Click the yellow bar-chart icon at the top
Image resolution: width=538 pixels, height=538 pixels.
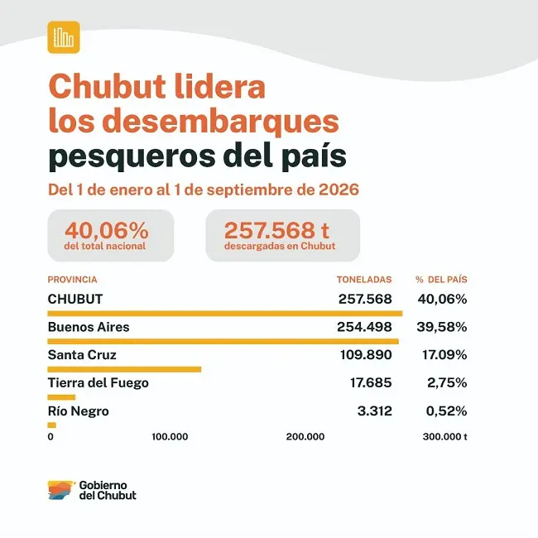point(64,37)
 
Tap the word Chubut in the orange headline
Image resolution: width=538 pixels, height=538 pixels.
point(108,86)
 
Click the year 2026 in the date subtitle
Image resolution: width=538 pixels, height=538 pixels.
point(339,190)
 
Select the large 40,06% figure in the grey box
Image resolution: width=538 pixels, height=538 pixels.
point(107,230)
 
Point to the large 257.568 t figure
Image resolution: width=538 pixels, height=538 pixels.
point(277,230)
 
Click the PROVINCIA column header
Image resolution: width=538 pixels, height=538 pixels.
point(72,280)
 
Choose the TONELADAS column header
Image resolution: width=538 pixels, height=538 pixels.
point(364,280)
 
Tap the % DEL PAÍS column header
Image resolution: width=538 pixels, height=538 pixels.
point(441,280)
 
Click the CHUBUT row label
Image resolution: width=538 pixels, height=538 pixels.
point(75,299)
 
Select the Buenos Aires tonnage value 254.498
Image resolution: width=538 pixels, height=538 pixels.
point(364,327)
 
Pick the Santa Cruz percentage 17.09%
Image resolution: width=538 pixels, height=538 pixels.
point(444,355)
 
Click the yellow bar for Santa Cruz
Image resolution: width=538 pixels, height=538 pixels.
point(124,369)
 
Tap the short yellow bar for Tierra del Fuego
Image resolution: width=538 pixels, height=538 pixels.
point(61,397)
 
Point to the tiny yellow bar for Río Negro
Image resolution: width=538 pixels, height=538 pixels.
point(52,425)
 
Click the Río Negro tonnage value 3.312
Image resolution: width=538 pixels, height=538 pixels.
point(375,411)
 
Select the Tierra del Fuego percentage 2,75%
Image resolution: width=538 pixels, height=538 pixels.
point(447,382)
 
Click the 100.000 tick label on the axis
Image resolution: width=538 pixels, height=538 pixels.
point(170,436)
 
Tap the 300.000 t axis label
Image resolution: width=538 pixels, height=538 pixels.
point(445,436)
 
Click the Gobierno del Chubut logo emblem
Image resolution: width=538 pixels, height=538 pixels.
point(61,490)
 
